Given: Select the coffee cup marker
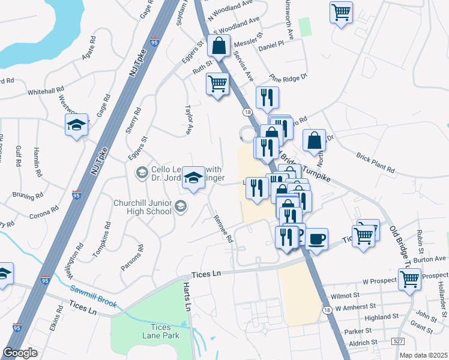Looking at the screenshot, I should tap(316, 239).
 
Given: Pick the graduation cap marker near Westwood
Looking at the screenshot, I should tap(76, 125).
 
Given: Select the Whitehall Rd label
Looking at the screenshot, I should tap(46, 92).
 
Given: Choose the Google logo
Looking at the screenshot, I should tap(20, 353).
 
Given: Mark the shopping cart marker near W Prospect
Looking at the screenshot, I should tap(409, 278).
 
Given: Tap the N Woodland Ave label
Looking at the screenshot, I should tap(232, 8).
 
